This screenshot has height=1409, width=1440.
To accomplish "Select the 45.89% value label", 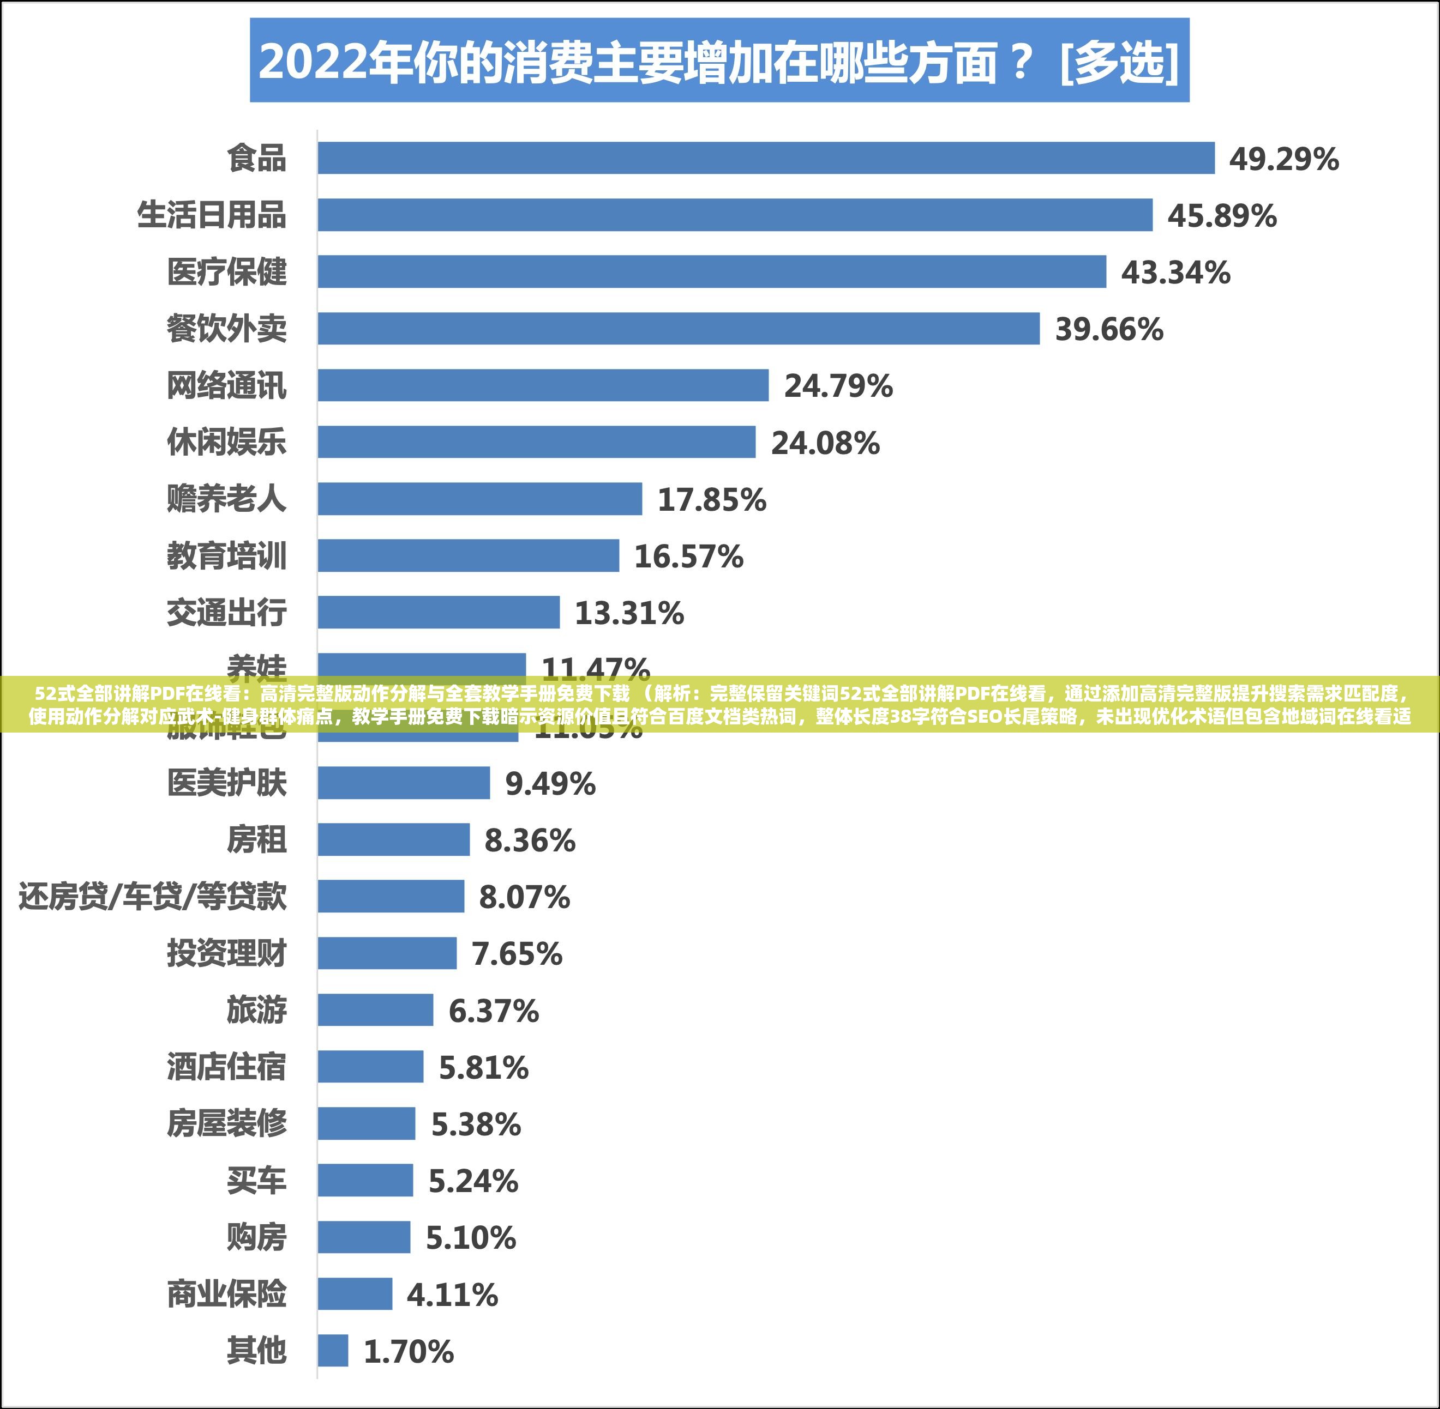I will [1222, 216].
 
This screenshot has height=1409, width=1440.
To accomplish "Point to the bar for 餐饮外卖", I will [678, 329].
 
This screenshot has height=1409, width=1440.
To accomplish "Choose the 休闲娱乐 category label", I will [226, 443].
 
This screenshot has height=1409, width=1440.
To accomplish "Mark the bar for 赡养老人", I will [480, 499].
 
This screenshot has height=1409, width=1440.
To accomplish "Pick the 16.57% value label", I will [688, 557].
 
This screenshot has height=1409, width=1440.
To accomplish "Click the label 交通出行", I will [226, 613].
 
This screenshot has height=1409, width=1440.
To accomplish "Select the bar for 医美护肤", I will [404, 783].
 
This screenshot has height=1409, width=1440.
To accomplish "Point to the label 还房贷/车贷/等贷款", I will [153, 897].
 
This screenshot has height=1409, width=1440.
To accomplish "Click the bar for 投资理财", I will [387, 953].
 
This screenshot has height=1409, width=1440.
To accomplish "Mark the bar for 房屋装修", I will [367, 1123].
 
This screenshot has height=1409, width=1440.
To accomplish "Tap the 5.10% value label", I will [470, 1237].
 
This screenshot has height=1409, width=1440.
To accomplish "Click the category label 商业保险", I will [226, 1293].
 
